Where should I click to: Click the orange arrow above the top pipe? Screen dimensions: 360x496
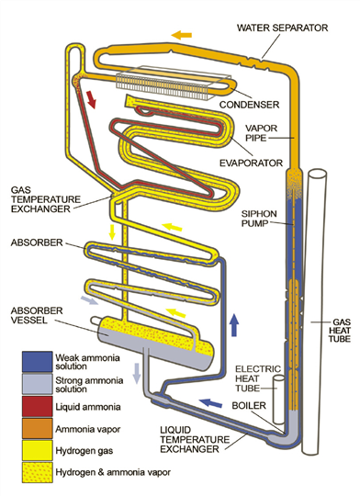click(182, 35)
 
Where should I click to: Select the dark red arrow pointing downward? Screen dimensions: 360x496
click(91, 99)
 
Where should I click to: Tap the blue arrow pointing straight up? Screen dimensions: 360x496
click(234, 325)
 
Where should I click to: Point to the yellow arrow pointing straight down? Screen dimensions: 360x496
click(112, 231)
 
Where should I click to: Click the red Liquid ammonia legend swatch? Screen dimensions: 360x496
click(37, 406)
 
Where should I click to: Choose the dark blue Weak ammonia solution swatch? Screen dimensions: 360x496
click(37, 362)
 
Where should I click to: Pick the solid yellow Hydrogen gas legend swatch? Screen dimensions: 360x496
click(37, 450)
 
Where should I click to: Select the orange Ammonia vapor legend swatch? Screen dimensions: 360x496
click(37, 428)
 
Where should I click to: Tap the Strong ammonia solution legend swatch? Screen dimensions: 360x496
click(37, 384)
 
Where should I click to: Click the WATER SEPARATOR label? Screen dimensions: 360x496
click(283, 28)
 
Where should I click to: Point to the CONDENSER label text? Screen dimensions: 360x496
click(250, 105)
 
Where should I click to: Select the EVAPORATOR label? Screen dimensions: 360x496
click(252, 163)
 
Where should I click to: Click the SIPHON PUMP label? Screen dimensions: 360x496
click(259, 219)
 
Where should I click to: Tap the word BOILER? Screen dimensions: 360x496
click(249, 406)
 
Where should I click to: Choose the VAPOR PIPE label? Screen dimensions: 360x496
click(262, 133)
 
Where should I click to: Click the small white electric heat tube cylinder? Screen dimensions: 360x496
click(278, 400)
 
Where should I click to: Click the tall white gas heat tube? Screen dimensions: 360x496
click(314, 312)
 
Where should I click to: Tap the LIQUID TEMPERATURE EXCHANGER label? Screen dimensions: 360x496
click(195, 439)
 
